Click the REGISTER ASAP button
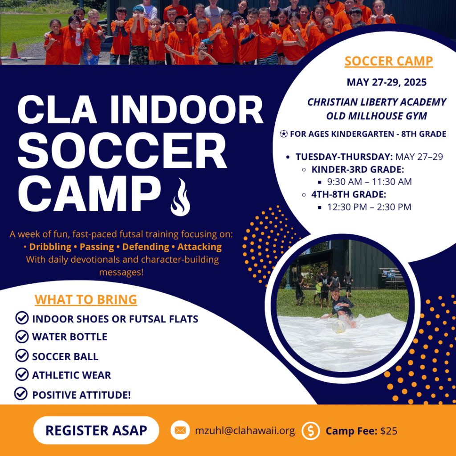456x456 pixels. click(x=96, y=430)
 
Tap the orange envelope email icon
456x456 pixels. click(x=180, y=430)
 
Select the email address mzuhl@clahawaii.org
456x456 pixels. click(x=245, y=431)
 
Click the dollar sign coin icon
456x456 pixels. click(x=310, y=431)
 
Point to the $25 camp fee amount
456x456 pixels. click(x=388, y=431)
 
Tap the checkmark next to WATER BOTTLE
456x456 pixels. click(x=22, y=337)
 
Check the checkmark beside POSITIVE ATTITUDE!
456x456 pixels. click(x=21, y=394)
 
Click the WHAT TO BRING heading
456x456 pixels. click(x=86, y=300)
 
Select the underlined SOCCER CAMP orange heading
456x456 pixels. click(x=389, y=61)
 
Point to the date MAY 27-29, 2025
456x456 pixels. click(x=387, y=82)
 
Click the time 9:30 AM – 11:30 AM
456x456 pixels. click(x=369, y=182)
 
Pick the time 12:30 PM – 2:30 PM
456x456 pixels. click(x=369, y=207)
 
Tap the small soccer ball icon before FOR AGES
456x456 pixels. click(x=284, y=134)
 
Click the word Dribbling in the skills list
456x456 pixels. click(x=50, y=247)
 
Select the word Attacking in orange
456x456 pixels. click(x=199, y=247)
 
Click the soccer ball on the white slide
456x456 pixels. click(x=339, y=326)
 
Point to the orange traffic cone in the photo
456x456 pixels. click(x=14, y=50)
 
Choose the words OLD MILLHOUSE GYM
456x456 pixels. click(x=377, y=116)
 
